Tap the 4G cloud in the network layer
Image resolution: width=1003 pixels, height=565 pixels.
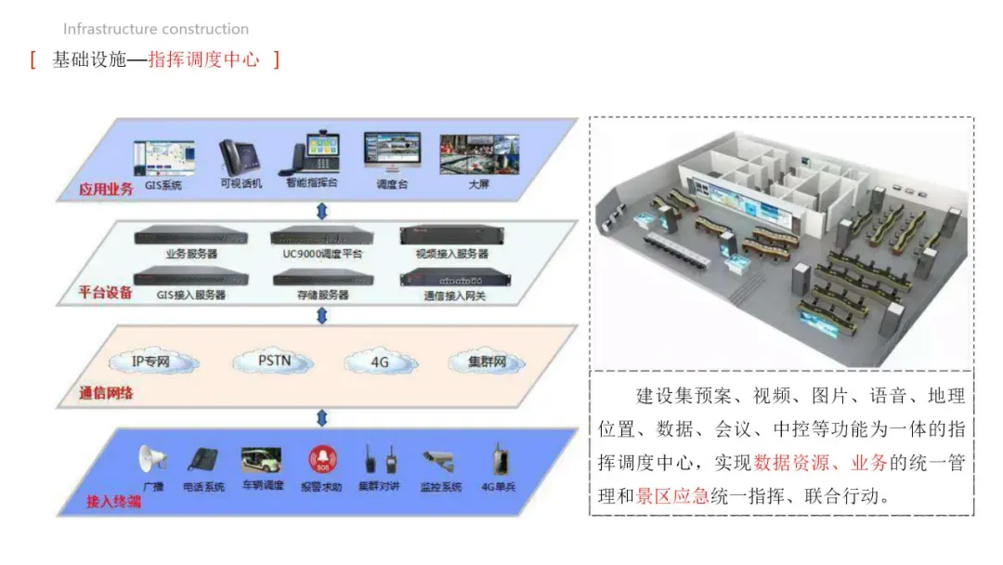[x=378, y=362]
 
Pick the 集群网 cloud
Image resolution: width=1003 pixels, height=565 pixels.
[x=487, y=361]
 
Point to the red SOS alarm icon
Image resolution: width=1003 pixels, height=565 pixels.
[x=321, y=459]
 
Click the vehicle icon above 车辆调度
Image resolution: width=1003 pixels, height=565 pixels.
[x=261, y=459]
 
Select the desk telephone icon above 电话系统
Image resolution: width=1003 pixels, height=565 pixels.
[x=202, y=460]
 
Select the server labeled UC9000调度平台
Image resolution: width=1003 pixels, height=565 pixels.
[x=322, y=237]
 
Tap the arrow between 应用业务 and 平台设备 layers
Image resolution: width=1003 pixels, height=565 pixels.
[x=322, y=211]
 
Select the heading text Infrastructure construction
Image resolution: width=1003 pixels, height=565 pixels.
[x=156, y=29]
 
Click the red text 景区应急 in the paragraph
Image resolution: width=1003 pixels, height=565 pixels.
[x=673, y=495]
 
